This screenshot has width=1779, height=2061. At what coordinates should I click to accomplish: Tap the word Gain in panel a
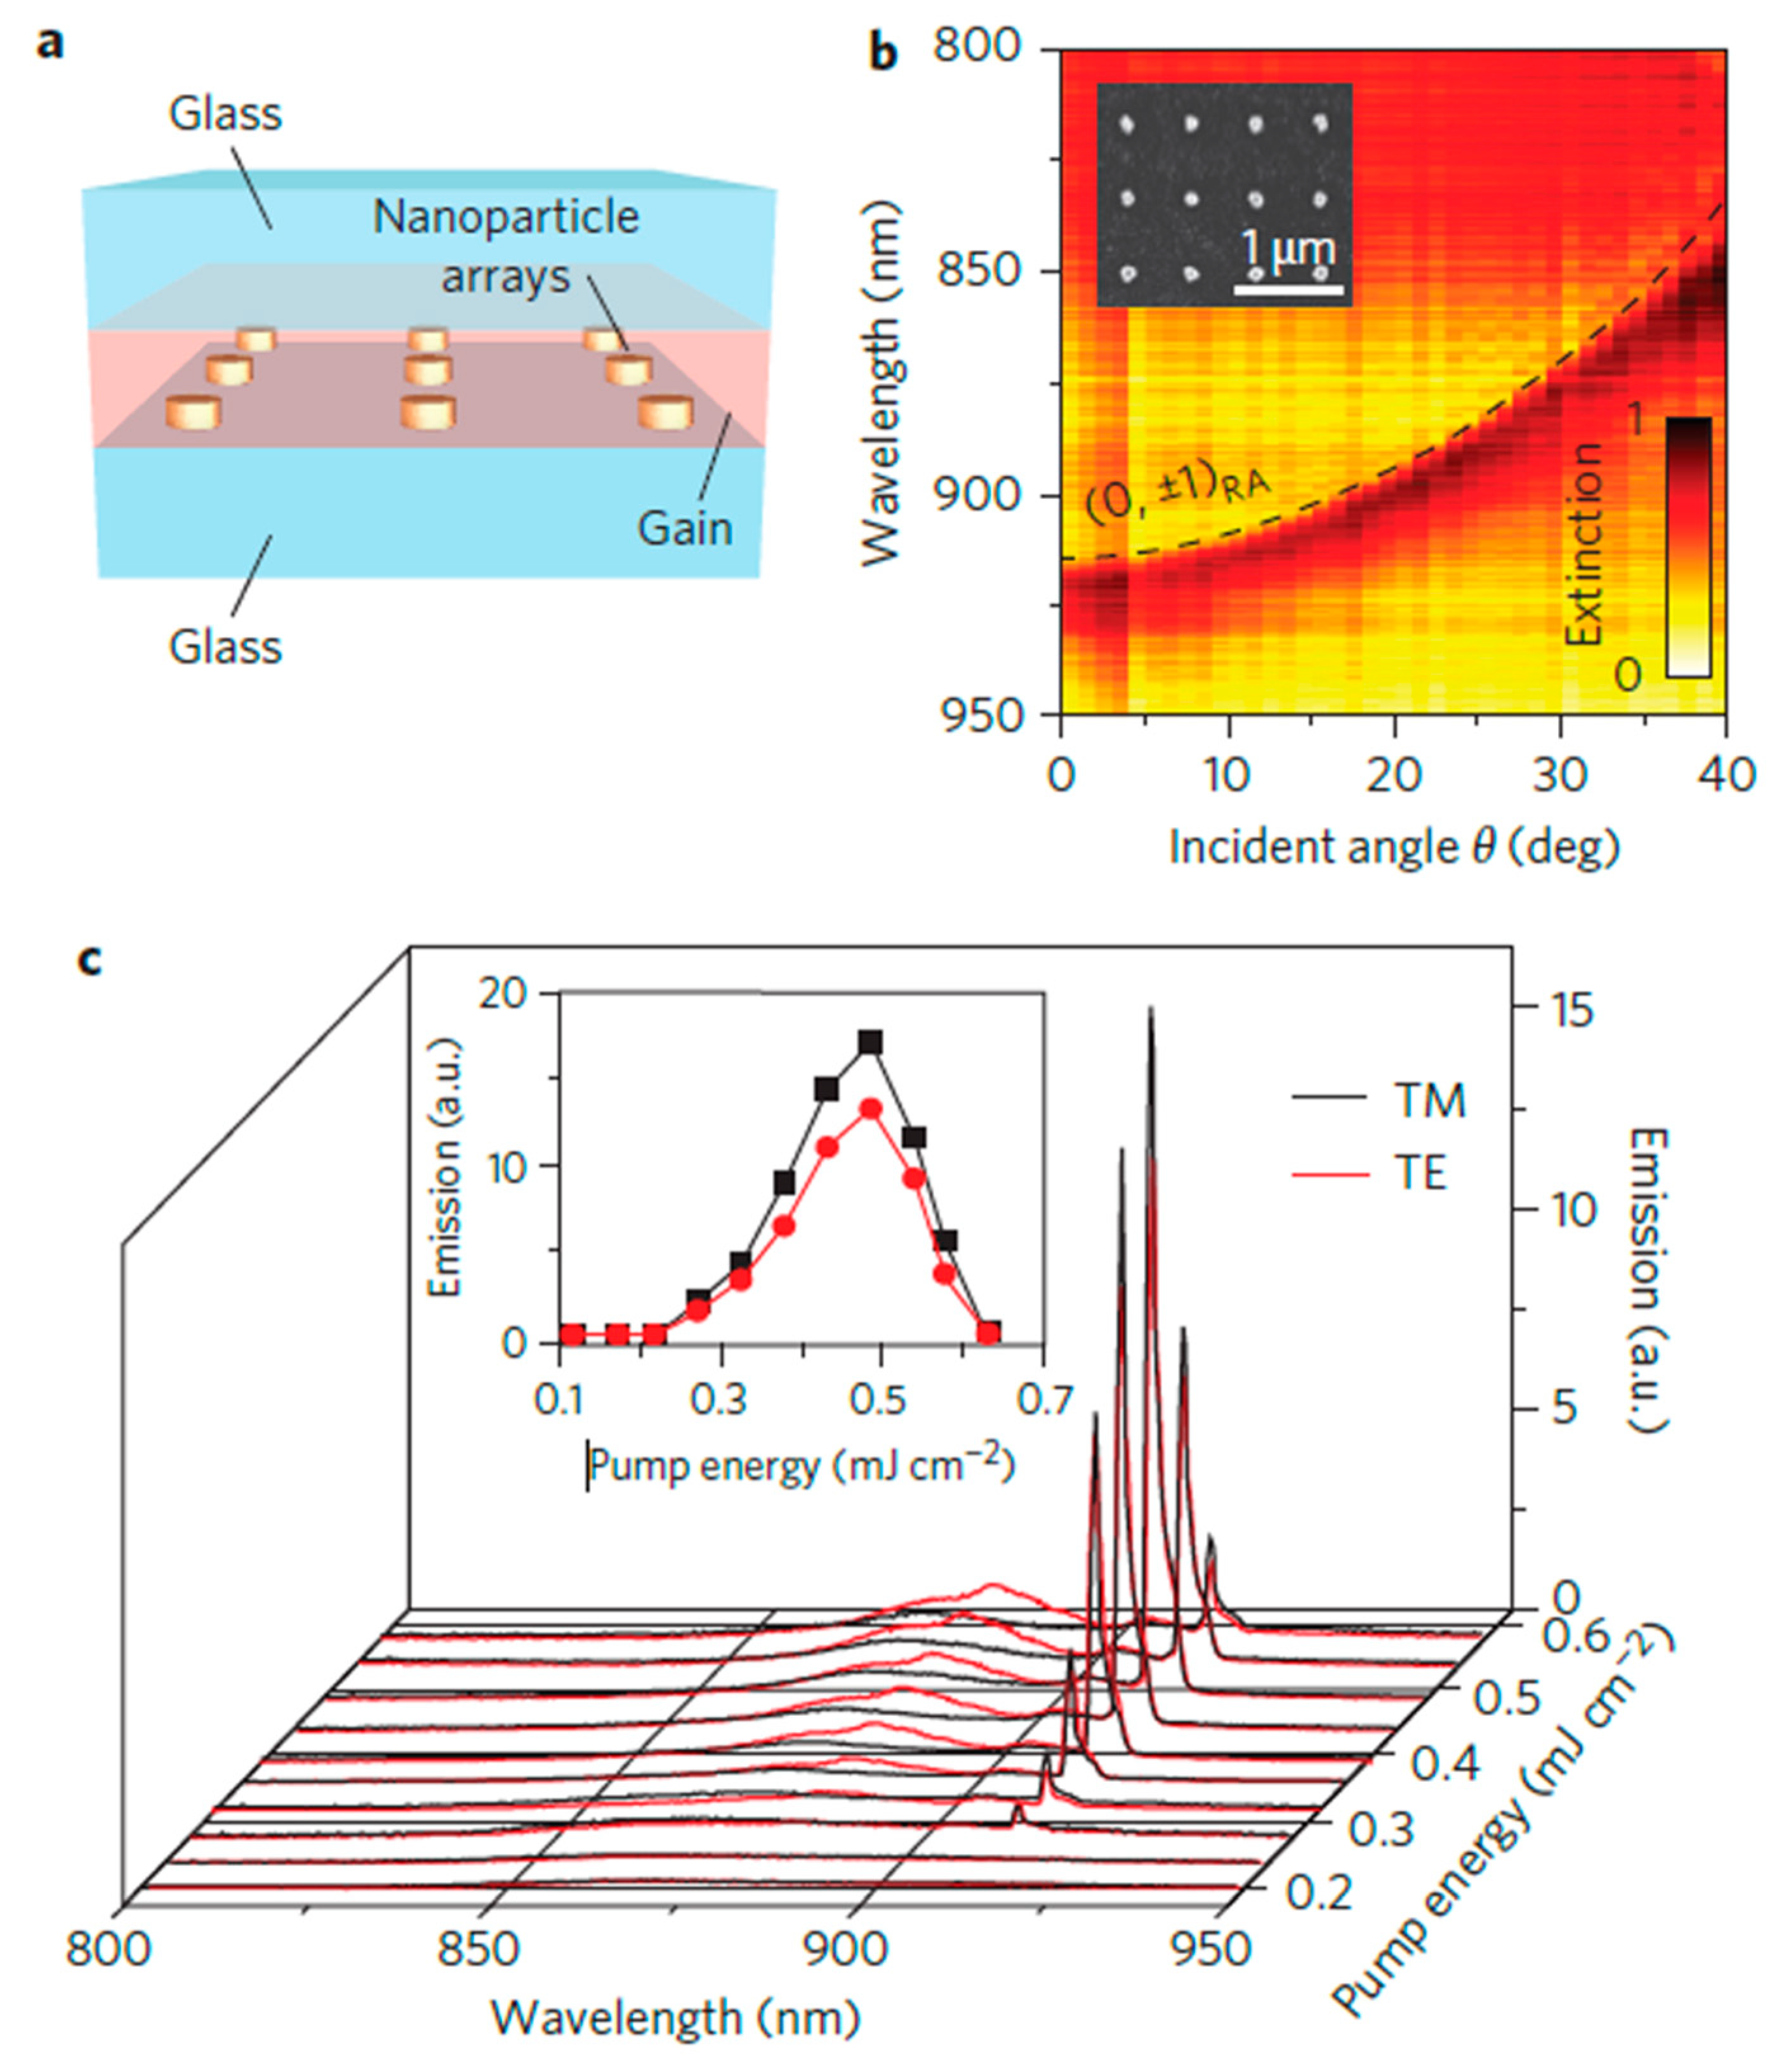point(685,528)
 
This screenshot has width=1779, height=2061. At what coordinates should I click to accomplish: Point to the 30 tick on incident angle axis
point(1559,774)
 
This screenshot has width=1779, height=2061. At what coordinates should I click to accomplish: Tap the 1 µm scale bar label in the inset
point(1288,252)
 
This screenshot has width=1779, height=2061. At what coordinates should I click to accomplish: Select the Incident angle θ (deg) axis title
point(1393,848)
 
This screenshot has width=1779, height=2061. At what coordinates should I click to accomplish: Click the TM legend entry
point(1429,1101)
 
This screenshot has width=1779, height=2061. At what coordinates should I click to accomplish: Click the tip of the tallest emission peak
point(1151,1009)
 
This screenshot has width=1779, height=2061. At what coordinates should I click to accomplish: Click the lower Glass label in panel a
point(225,647)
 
